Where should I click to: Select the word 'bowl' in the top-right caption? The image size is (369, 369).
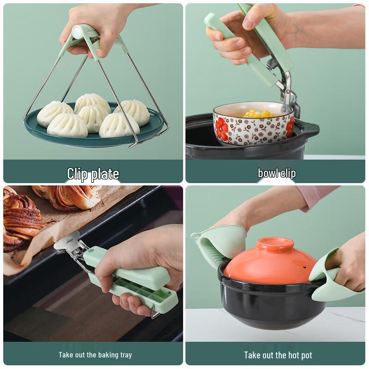click(x=267, y=173)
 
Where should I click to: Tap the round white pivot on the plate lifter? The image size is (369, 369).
click(x=77, y=32)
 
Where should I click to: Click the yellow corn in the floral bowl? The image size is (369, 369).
click(x=259, y=114)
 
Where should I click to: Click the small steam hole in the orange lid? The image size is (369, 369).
click(x=304, y=268)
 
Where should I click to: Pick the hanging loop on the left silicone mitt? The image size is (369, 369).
click(x=195, y=235)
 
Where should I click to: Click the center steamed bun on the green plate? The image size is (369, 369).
click(x=94, y=118)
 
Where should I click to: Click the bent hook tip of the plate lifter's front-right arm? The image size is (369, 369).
click(x=132, y=146)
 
